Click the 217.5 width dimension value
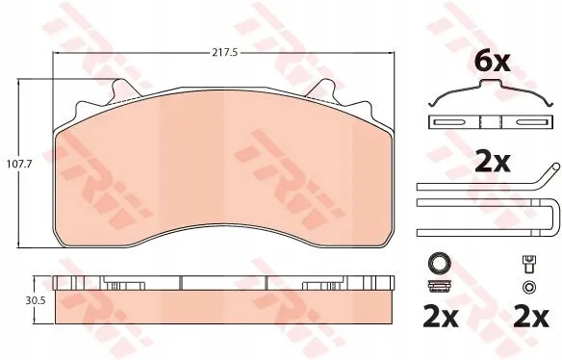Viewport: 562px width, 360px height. point(225,53)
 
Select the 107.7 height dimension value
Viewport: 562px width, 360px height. point(20,164)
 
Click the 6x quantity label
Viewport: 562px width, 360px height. point(492,62)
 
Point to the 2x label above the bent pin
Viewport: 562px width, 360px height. point(492,163)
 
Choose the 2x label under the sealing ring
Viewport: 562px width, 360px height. point(440,317)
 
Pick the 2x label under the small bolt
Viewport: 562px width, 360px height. point(530,317)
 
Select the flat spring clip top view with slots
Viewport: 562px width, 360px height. point(491,122)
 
